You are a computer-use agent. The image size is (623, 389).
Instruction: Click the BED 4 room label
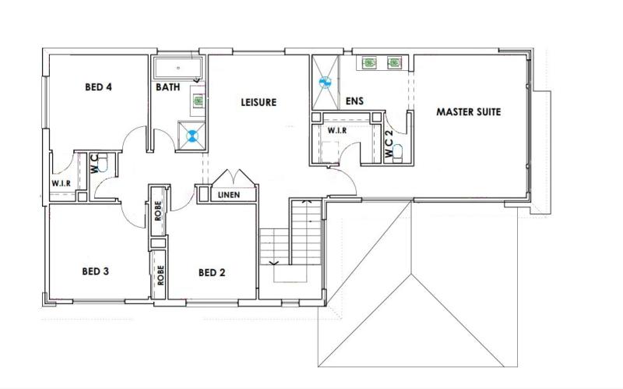click(x=98, y=87)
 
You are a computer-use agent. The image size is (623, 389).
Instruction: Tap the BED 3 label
click(x=95, y=271)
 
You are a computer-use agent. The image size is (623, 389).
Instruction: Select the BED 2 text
click(x=212, y=273)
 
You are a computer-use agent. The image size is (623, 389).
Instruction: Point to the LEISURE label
click(x=259, y=102)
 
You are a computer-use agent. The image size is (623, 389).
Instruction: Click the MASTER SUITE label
click(x=469, y=111)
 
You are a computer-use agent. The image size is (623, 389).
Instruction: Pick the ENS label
click(x=354, y=101)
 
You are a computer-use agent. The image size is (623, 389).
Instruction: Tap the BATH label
click(x=167, y=87)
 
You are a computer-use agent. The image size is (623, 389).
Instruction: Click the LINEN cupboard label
click(x=229, y=195)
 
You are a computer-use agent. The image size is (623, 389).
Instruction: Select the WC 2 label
click(x=389, y=143)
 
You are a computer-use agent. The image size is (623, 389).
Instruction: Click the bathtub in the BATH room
click(x=178, y=68)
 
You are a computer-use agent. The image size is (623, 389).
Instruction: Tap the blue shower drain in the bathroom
click(x=192, y=136)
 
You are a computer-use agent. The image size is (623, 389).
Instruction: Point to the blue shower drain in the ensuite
click(x=325, y=83)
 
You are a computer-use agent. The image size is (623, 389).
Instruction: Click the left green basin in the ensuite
click(x=369, y=62)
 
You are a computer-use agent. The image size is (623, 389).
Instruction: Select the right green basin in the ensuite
click(x=394, y=62)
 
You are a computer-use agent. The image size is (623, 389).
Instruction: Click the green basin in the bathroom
click(x=199, y=101)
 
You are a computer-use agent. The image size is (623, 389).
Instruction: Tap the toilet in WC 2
click(x=397, y=153)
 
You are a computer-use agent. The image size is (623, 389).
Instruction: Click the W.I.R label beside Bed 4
click(x=62, y=183)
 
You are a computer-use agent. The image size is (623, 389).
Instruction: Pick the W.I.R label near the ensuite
click(x=337, y=130)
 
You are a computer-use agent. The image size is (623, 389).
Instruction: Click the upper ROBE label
click(x=158, y=210)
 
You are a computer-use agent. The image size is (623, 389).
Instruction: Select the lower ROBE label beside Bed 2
click(x=160, y=275)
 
